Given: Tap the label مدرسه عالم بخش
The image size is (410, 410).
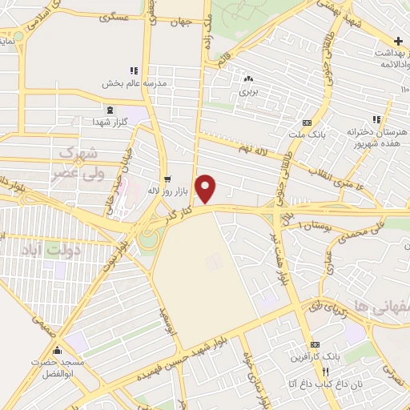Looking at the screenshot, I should point(133,82).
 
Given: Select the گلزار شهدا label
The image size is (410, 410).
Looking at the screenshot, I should point(110,120).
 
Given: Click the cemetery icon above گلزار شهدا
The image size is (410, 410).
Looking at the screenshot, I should point(110,109).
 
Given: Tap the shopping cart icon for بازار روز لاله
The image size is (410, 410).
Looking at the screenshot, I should point(167,179).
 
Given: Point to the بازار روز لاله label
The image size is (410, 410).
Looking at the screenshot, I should point(166,191).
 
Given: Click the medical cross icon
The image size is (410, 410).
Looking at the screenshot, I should point(398,41).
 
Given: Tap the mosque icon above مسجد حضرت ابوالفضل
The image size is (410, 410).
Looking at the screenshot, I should point(56,350).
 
